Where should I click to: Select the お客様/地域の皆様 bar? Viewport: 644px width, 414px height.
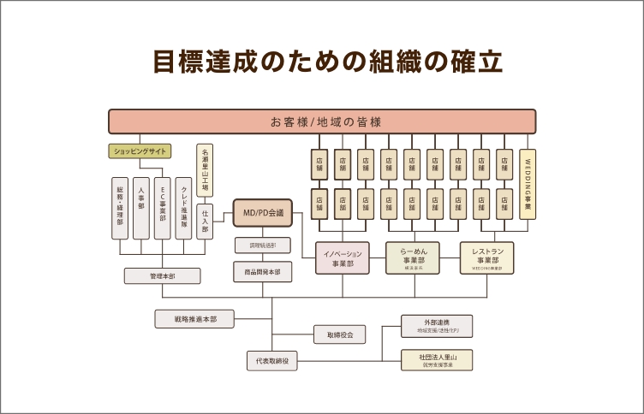point(322,121)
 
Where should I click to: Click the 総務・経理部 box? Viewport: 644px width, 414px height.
point(119,208)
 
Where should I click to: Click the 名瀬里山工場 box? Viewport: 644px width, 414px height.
point(205,170)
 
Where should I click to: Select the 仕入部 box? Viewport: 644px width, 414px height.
point(205,221)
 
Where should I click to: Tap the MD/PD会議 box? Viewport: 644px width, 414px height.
point(264,212)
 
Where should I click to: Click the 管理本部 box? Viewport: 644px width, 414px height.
point(162,276)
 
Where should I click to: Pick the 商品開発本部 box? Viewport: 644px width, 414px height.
point(263,272)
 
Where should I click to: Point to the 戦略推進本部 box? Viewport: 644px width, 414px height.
point(195,319)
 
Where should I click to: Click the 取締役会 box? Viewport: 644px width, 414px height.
point(339,334)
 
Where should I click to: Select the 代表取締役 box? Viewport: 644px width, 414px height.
point(272,361)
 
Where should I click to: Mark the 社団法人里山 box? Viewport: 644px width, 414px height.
point(437,359)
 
